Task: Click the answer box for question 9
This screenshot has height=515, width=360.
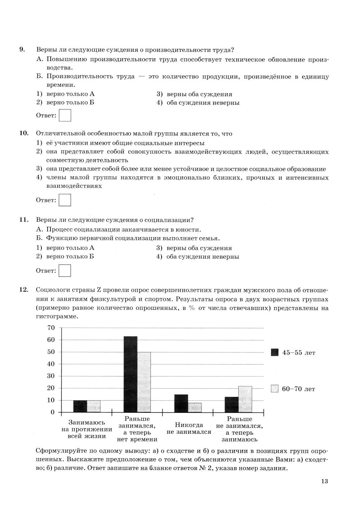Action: tap(65, 116)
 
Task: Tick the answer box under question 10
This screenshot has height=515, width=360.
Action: tap(65, 200)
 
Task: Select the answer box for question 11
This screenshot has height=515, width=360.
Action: tap(65, 271)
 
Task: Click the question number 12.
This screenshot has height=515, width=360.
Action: tap(23, 290)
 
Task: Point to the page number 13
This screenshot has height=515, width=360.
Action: tap(325, 482)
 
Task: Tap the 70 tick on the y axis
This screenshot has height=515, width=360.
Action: tap(51, 328)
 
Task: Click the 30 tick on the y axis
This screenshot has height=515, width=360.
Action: tap(51, 376)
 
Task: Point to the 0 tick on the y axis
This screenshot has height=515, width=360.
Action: tap(53, 412)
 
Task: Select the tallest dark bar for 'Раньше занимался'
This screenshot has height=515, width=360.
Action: tap(130, 374)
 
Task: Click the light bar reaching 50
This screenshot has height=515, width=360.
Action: tap(144, 382)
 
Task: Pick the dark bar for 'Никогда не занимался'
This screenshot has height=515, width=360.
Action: tap(181, 403)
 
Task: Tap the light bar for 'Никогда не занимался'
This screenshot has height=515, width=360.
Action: tap(195, 407)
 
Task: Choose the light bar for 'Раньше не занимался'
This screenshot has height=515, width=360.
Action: tap(245, 399)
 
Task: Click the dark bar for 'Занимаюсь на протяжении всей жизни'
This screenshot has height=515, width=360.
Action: tap(80, 406)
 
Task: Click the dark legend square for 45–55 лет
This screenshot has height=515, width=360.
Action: tap(275, 353)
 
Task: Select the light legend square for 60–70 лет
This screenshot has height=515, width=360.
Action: tap(275, 389)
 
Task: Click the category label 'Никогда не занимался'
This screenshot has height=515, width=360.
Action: tap(189, 428)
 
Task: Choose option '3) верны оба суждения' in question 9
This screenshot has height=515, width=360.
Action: tap(195, 94)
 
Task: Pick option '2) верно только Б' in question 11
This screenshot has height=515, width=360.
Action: tap(66, 257)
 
